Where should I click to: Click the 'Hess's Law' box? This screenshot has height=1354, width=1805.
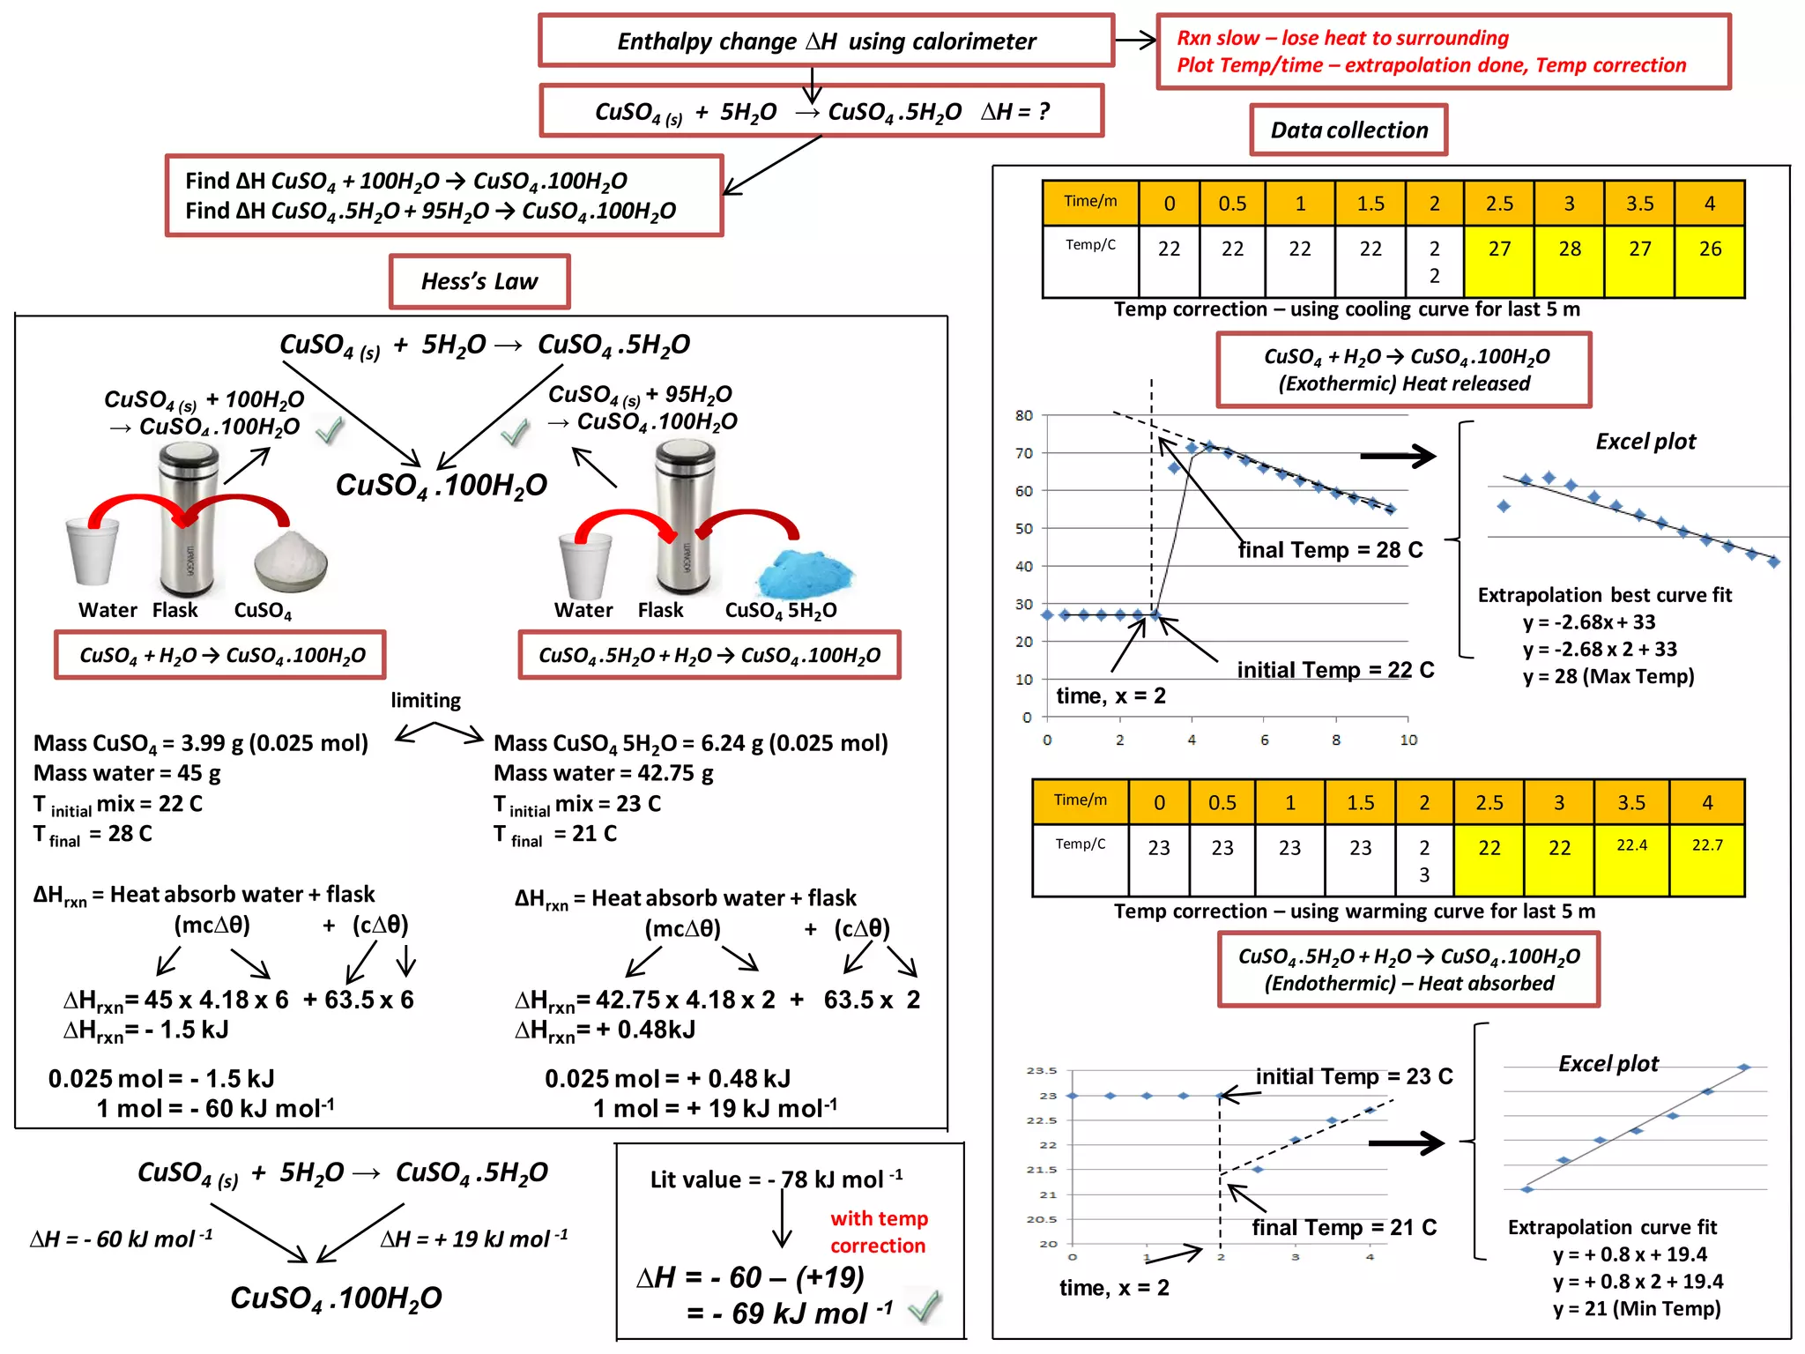[x=479, y=281]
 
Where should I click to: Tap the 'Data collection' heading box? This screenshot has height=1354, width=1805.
[x=1348, y=130]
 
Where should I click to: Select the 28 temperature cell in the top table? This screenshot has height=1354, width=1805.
[x=1569, y=249]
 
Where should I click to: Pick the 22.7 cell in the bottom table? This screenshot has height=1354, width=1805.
[x=1707, y=845]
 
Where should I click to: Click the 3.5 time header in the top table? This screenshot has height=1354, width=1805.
[x=1639, y=204]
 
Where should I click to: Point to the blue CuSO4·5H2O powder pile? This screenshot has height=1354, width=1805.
[x=805, y=574]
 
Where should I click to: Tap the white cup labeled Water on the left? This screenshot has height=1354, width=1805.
[x=92, y=552]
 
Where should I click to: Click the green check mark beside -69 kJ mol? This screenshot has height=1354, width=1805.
[x=925, y=1306]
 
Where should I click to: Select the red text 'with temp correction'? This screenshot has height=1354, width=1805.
[x=879, y=1231]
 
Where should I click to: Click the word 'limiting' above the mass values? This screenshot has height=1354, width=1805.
[x=426, y=700]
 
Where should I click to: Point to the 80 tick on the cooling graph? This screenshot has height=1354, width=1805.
[x=1023, y=415]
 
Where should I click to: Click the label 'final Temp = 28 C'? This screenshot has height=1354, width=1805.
[x=1330, y=550]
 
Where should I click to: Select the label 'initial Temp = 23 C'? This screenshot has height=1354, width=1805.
[x=1354, y=1076]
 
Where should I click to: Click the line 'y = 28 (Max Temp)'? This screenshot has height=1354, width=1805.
[x=1608, y=676]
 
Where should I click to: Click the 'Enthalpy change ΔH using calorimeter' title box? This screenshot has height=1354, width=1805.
[x=826, y=41]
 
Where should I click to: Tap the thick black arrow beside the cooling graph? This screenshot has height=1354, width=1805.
[x=1398, y=456]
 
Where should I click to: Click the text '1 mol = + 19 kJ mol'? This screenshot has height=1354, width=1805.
[x=714, y=1108]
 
